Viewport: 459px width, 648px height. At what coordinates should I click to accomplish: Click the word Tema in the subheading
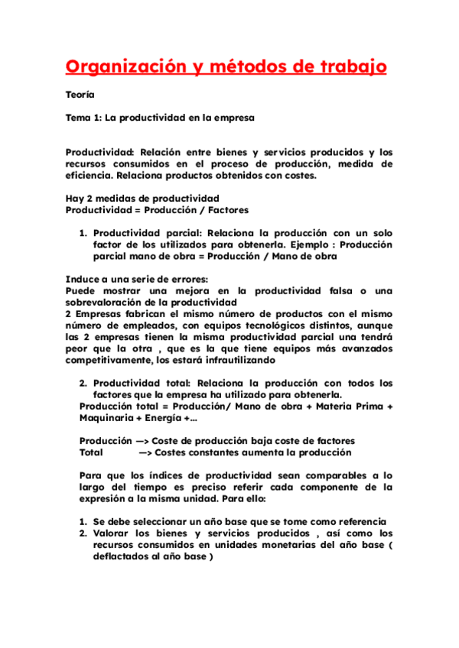pos(78,118)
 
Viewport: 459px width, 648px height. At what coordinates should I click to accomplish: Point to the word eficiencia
pos(93,175)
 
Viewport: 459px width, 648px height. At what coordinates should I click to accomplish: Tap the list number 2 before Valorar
pos(83,533)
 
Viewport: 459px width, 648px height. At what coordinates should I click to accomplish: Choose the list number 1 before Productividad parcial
pos(83,233)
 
